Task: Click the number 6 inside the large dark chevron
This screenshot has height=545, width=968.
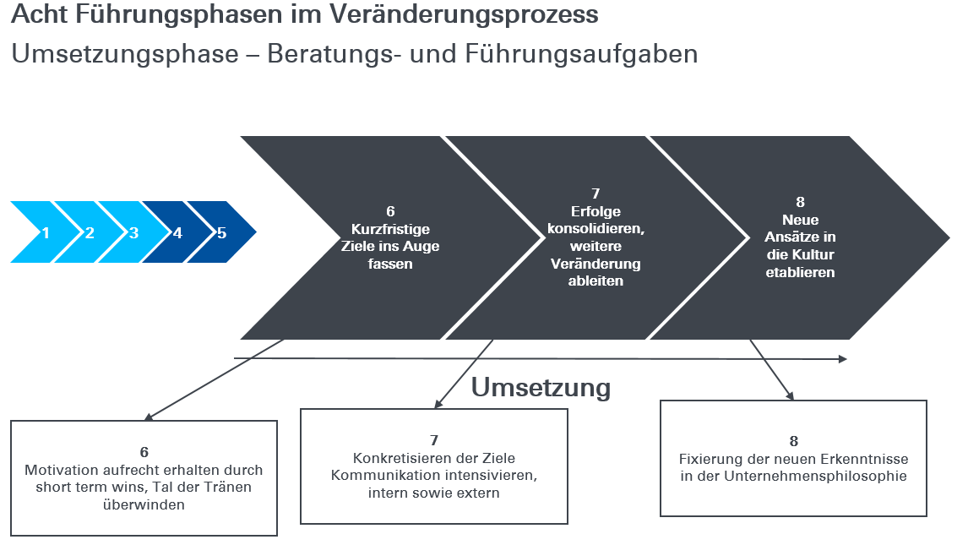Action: [x=390, y=212]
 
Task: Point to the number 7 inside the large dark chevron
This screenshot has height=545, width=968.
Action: [x=595, y=193]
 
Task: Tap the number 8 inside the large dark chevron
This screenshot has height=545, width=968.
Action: [x=800, y=203]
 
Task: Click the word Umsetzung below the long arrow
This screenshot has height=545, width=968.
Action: [x=541, y=388]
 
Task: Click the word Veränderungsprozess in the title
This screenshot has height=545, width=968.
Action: [x=463, y=14]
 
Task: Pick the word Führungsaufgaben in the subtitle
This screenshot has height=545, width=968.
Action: [x=581, y=54]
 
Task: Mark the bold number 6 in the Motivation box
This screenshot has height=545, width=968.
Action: [x=144, y=452]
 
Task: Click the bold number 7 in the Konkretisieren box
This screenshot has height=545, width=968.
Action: [x=434, y=441]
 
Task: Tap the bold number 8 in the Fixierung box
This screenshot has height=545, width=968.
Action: [x=794, y=441]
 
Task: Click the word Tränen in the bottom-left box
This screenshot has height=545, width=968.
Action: [x=227, y=487]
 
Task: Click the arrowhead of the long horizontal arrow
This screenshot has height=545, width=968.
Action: [x=843, y=358]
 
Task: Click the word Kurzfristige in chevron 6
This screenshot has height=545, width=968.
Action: [x=390, y=229]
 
